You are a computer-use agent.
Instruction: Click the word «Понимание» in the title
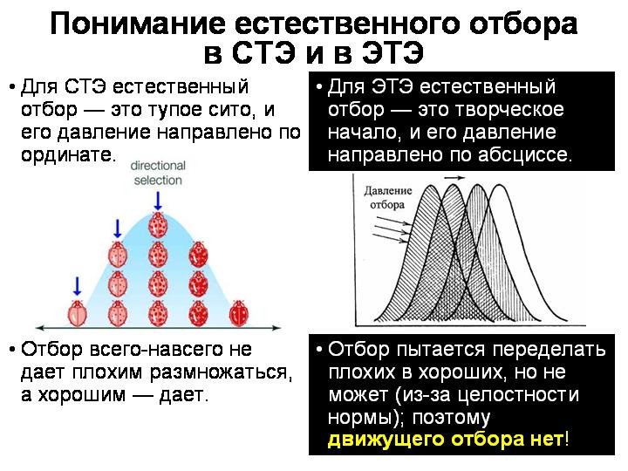138,24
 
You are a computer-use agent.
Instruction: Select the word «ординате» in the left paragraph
68,155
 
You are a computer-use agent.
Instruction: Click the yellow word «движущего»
386,440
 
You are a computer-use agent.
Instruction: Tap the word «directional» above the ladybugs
158,166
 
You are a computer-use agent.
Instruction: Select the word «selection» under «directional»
158,181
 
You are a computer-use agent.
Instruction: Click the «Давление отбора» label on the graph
387,197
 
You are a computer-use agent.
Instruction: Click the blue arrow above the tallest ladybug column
158,201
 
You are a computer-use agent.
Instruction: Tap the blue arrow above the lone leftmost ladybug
78,286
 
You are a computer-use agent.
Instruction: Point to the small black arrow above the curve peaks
455,178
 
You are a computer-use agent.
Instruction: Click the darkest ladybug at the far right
239,313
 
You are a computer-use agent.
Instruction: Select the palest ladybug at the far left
78,313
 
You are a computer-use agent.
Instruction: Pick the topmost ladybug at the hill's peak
158,225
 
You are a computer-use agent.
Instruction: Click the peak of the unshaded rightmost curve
500,185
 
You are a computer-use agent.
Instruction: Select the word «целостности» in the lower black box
518,395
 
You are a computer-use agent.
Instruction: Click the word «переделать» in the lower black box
549,350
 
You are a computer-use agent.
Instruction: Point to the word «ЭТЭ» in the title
392,53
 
